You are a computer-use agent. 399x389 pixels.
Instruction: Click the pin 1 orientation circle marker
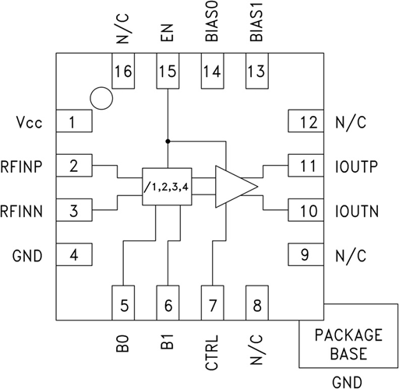tap(101, 87)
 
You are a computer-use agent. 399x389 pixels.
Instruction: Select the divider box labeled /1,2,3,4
tap(167, 187)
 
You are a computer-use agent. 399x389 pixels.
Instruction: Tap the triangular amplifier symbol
tap(236, 187)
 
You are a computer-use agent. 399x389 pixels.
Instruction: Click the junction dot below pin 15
tap(168, 142)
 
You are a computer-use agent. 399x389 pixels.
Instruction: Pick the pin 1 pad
tap(74, 121)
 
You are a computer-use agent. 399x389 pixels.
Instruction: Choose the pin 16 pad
tap(123, 71)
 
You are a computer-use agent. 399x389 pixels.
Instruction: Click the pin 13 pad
tap(257, 71)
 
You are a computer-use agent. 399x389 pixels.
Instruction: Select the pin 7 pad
tap(213, 303)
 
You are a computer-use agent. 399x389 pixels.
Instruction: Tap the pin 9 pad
tap(305, 254)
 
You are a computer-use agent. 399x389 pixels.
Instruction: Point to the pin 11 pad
tap(305, 166)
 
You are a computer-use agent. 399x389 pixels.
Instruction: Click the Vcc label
tap(29, 122)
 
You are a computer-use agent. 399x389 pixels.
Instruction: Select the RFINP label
tap(21, 166)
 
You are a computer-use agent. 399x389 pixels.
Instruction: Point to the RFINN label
tap(21, 211)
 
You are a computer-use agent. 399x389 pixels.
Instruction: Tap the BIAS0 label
tap(212, 21)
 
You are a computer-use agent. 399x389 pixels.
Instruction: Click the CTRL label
tap(212, 352)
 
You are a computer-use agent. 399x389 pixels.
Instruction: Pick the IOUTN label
tap(357, 211)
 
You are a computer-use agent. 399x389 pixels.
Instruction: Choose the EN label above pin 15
tap(167, 33)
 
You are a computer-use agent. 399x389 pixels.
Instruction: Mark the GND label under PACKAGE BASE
tap(347, 382)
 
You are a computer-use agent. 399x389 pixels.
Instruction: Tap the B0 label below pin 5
tap(122, 343)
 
